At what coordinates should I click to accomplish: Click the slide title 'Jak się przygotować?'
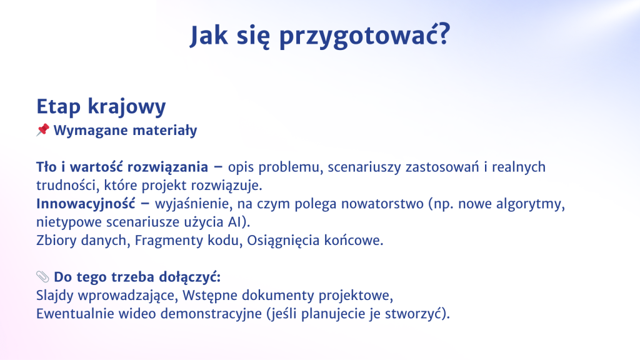pos(320,36)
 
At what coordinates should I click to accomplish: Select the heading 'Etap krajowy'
pos(101,107)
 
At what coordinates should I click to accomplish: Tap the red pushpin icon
pos(43,130)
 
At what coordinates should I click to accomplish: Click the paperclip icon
pos(43,276)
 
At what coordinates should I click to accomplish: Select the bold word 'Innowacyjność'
pos(86,204)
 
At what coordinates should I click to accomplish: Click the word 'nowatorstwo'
pos(382,204)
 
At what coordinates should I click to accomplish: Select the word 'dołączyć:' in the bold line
pos(190,277)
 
